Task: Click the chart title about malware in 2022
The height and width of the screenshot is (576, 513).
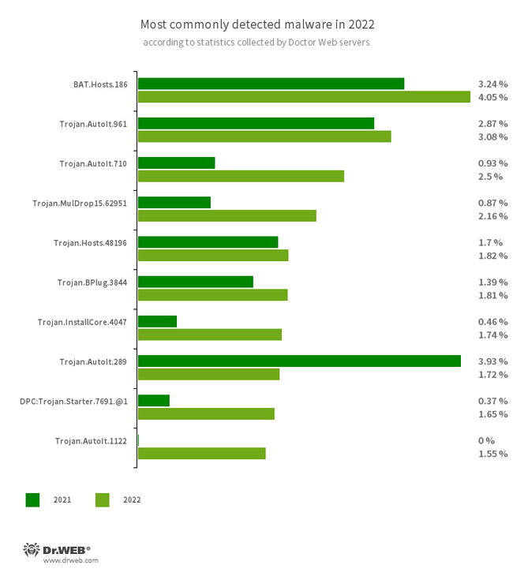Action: pos(256,24)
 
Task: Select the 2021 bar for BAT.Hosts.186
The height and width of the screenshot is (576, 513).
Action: pos(271,84)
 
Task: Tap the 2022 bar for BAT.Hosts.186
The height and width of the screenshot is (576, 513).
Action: pos(304,97)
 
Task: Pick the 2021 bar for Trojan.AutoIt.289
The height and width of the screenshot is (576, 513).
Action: pos(299,361)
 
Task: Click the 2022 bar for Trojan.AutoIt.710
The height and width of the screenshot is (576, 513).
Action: pos(241,176)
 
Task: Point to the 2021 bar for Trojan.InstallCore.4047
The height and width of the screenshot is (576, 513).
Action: pos(157,321)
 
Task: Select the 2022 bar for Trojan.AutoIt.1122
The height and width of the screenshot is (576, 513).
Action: pos(201,453)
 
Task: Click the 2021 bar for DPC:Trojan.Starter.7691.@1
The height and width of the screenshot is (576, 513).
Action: pos(154,400)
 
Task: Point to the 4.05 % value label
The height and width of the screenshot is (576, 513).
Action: pos(492,97)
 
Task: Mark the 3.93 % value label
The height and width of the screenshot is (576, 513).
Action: pos(492,361)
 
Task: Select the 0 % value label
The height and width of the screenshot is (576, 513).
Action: pos(486,440)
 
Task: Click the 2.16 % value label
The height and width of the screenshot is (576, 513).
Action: pos(492,215)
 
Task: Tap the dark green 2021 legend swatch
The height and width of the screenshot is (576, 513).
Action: pos(32,499)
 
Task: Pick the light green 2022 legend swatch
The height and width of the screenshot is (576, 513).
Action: pos(102,499)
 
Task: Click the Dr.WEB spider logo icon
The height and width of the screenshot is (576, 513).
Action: pos(32,549)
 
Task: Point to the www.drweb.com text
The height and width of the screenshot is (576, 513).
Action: pos(70,560)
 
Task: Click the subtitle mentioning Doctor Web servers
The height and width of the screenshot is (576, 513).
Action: pos(256,42)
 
